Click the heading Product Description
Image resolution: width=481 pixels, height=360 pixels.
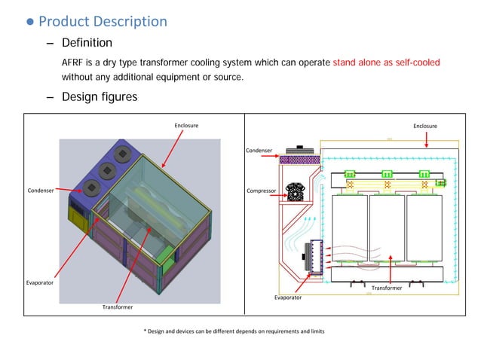click(103, 21)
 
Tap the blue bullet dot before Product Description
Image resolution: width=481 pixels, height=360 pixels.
click(30, 22)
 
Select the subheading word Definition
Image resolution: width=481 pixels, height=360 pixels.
click(87, 43)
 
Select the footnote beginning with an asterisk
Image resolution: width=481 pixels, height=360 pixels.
click(234, 331)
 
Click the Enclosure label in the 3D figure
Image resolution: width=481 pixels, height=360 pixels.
click(186, 125)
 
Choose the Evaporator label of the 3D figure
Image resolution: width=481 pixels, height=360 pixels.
click(39, 282)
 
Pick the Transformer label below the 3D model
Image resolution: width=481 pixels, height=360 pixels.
click(118, 307)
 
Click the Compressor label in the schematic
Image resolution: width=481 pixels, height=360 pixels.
click(262, 191)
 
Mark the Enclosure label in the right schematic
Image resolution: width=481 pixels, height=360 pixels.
click(424, 126)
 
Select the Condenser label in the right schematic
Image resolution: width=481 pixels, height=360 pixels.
click(259, 151)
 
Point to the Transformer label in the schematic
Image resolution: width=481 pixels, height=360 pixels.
click(387, 288)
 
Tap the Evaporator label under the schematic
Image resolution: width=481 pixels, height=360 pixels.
click(287, 297)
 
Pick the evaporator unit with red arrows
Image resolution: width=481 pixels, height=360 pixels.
click(310, 256)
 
